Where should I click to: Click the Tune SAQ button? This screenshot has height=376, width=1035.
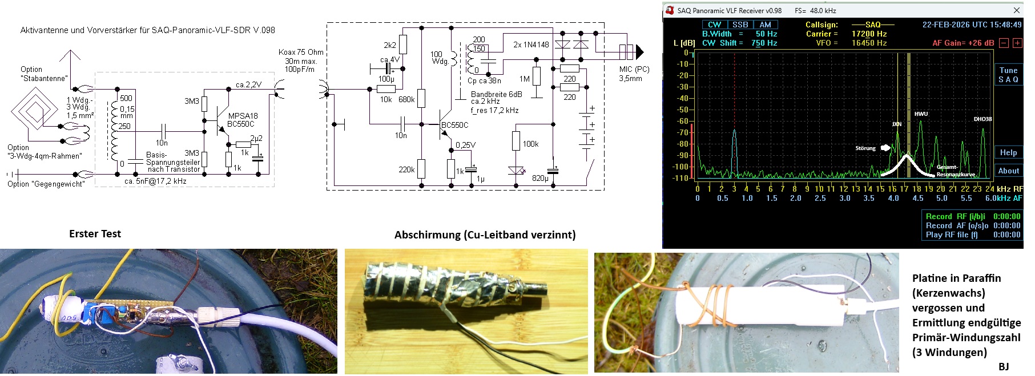pos(1008,75)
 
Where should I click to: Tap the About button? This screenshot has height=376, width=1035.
pos(1008,171)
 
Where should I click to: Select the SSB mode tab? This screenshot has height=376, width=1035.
pos(740,25)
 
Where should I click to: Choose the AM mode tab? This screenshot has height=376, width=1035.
pos(765,25)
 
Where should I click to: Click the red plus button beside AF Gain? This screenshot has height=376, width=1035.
pos(1017,43)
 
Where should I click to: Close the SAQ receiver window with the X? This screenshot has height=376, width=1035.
pos(1016,10)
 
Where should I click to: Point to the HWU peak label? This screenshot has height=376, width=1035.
pos(921,114)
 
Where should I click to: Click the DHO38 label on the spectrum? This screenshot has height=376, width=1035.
pos(982,119)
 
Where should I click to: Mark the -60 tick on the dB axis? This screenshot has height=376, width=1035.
pos(683,121)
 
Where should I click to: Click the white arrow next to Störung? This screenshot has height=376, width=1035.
pos(885,148)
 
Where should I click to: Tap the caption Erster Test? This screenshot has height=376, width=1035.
pos(95,233)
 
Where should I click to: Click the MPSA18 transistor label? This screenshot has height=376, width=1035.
pos(243,116)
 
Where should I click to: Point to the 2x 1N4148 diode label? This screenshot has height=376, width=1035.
pos(531,45)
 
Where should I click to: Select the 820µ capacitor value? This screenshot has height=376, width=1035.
pos(540,178)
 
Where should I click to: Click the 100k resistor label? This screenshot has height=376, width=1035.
pos(530,144)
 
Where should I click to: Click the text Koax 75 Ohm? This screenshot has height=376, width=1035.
pos(301,52)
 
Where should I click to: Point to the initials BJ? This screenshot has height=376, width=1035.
pos(1004,366)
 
